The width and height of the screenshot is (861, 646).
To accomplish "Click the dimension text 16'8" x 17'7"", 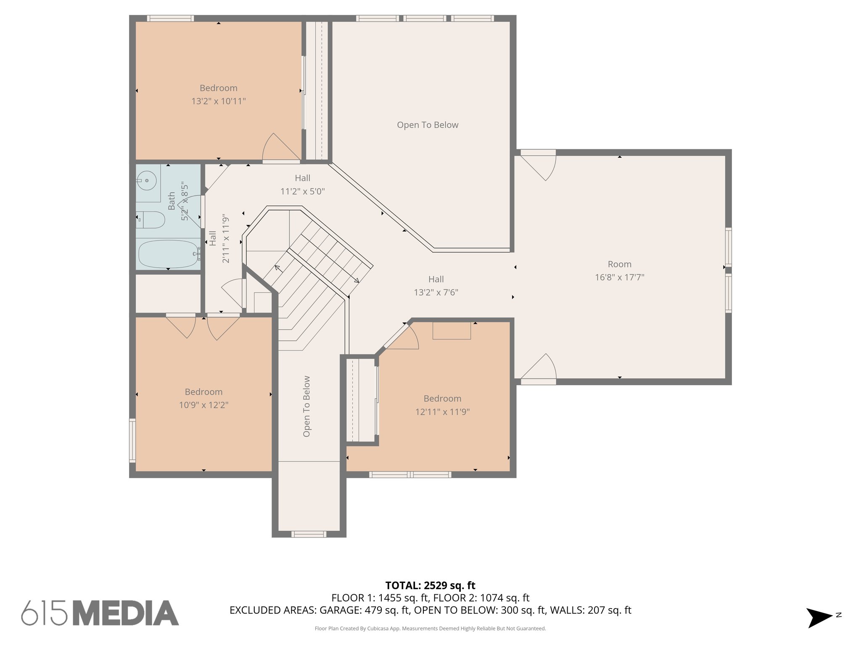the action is [x=619, y=277].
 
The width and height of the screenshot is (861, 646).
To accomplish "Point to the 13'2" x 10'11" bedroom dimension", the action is [x=219, y=101].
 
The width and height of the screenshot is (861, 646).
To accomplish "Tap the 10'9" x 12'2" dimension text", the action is [x=203, y=405].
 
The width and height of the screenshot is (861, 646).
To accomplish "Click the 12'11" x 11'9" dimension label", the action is [x=442, y=412].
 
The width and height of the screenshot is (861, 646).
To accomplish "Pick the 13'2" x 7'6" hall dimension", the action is [x=436, y=292].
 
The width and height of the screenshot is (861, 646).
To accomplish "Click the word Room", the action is [x=619, y=264].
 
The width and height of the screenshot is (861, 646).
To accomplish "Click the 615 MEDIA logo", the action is [x=100, y=613].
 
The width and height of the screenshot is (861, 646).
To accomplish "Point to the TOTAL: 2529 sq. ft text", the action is [x=430, y=585].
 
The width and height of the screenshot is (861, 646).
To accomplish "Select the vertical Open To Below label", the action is [x=306, y=406].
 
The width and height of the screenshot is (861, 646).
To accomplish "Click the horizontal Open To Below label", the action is [x=428, y=125].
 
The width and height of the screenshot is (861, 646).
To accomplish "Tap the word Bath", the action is [x=172, y=201].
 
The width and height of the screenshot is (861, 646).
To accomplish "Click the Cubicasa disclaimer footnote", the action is [x=430, y=628].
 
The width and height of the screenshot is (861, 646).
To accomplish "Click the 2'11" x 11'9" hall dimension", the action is [x=226, y=238].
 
